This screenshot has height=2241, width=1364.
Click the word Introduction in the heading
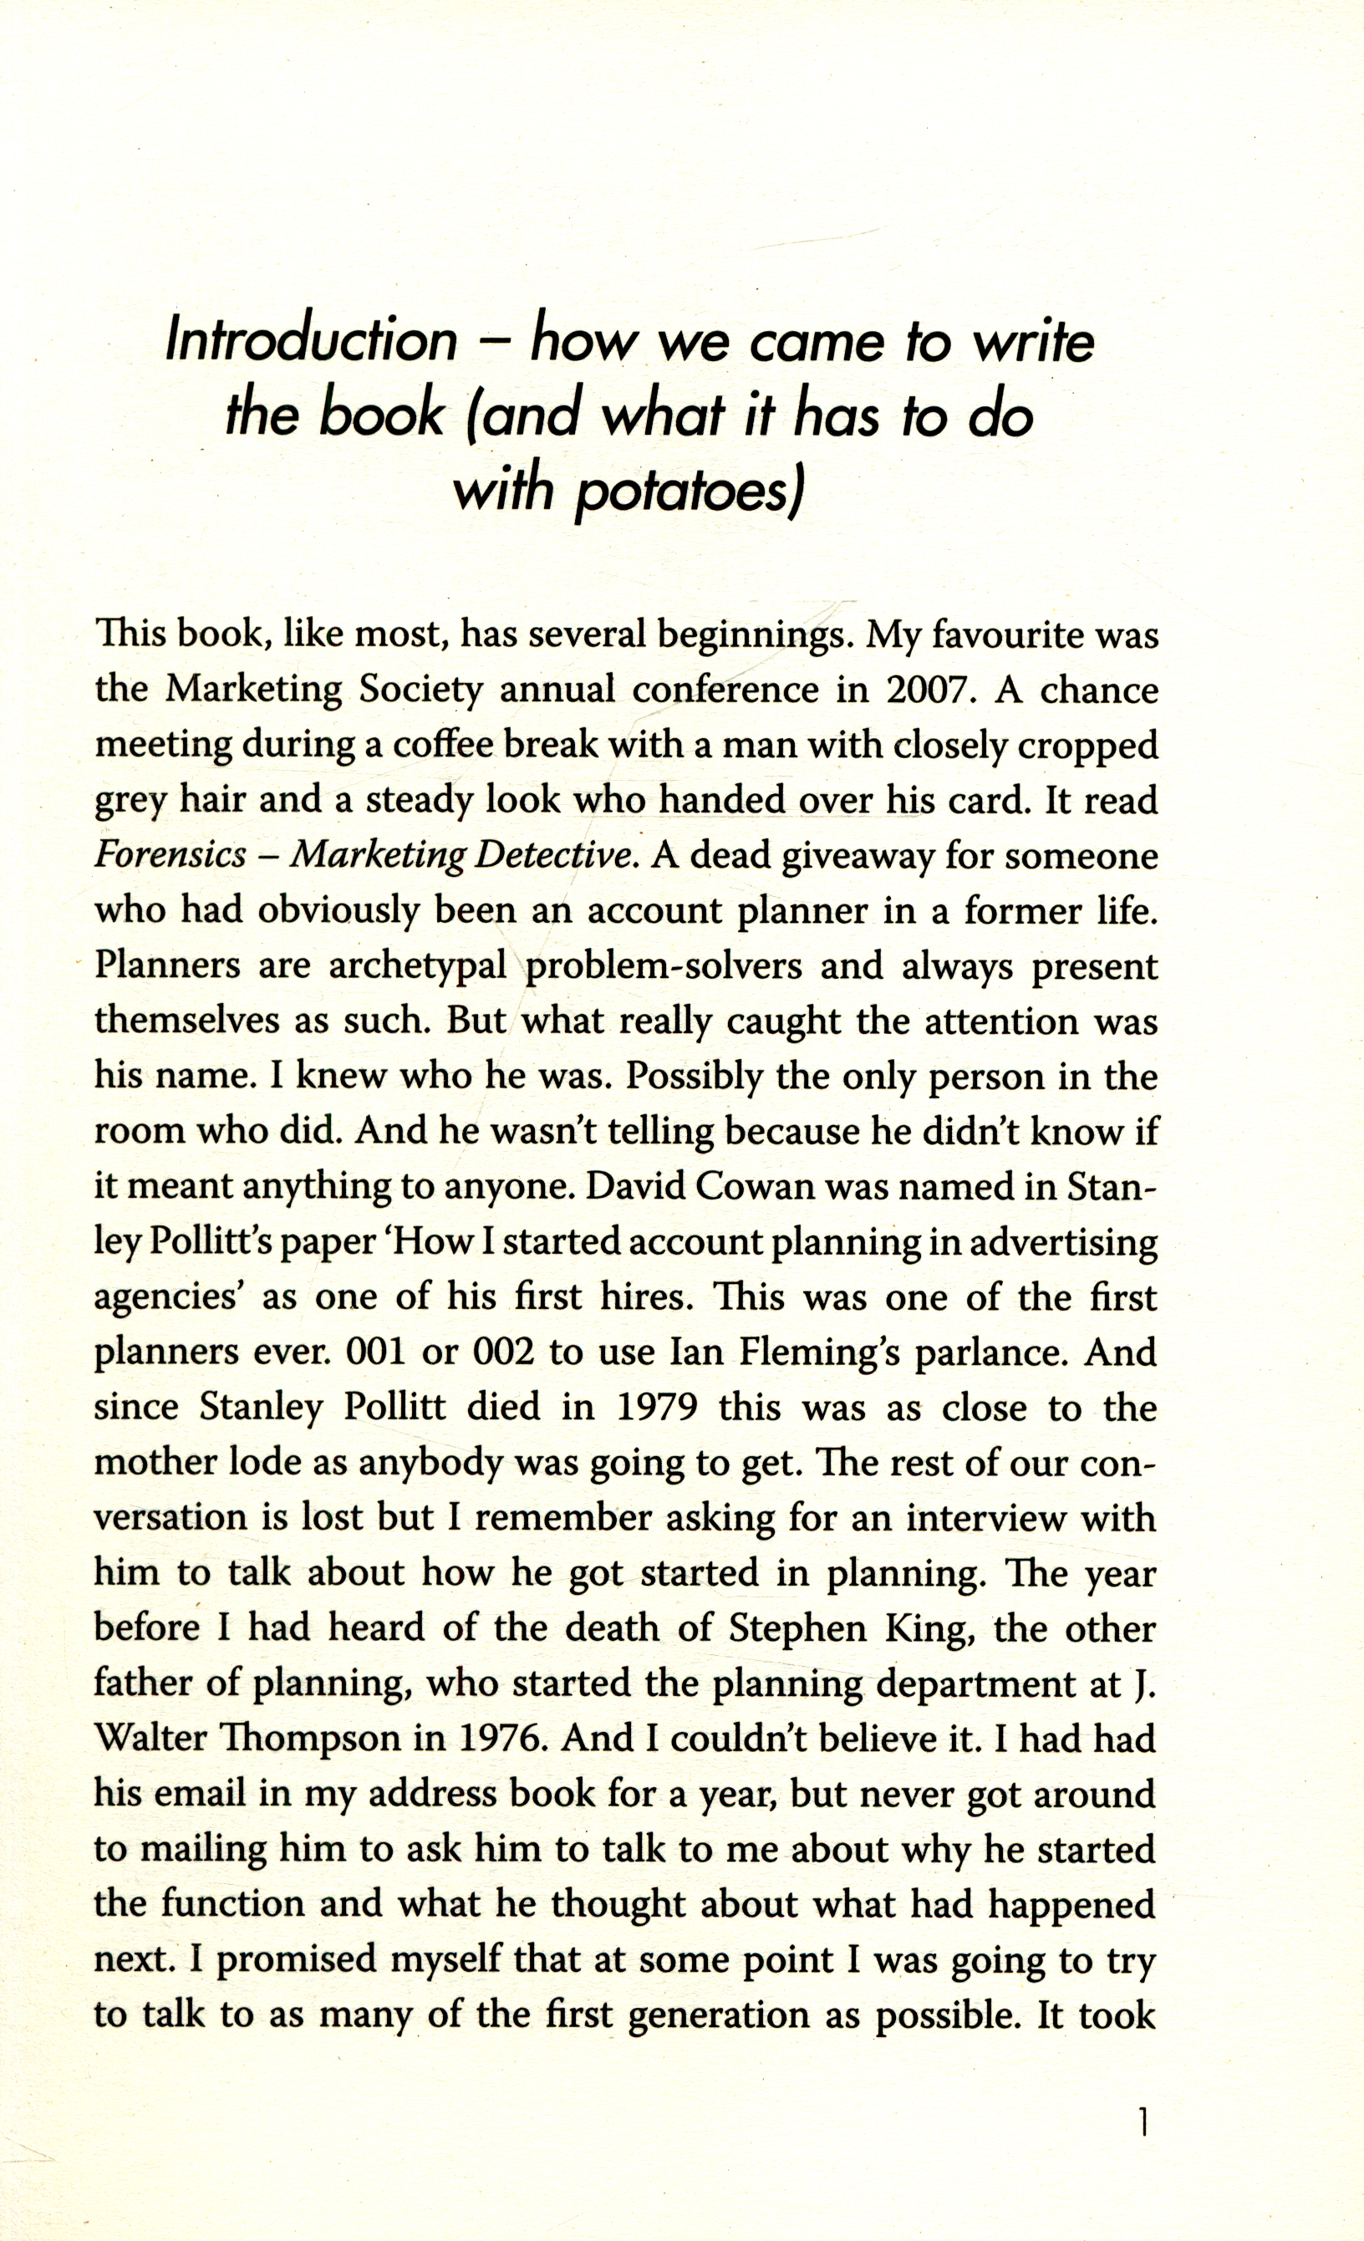tap(311, 341)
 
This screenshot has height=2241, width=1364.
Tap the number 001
tap(378, 1352)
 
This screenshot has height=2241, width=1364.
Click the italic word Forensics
tap(170, 856)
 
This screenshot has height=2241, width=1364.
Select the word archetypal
tap(417, 966)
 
